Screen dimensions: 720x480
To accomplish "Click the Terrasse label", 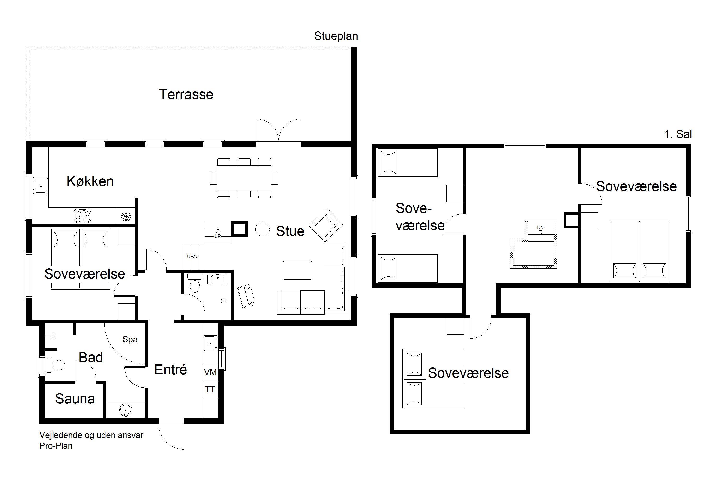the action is (x=186, y=94).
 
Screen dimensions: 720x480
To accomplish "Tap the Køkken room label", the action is (x=90, y=181).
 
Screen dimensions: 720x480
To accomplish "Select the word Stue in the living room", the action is (x=290, y=231).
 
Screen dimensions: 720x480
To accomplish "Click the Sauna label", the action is (x=75, y=399).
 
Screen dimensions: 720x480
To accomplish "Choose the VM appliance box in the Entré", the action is (x=210, y=372).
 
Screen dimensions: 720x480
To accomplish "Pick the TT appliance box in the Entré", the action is (x=210, y=389).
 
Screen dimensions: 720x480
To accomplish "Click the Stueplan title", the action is (x=336, y=36).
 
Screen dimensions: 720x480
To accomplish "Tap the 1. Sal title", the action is (x=678, y=134).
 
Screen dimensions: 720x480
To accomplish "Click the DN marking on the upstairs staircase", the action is (x=540, y=228).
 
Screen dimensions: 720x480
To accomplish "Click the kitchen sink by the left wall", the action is (x=40, y=185).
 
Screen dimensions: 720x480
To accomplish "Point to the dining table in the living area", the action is (x=244, y=178).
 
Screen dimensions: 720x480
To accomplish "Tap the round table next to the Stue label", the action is (x=262, y=229).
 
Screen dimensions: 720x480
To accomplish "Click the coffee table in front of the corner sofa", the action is (x=297, y=270).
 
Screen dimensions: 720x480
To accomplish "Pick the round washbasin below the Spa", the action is (x=126, y=410).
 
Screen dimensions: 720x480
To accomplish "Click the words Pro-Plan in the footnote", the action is (x=56, y=446).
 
